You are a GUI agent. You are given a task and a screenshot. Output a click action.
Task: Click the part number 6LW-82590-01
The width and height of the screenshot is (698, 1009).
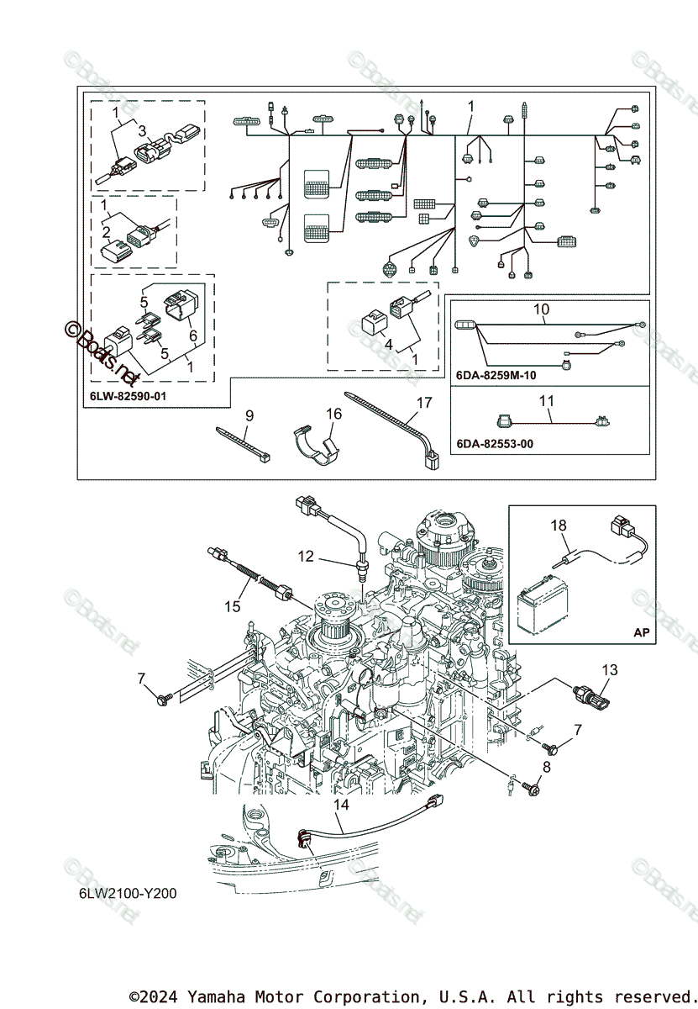127,394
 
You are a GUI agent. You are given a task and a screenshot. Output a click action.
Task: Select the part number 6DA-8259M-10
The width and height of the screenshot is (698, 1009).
496,376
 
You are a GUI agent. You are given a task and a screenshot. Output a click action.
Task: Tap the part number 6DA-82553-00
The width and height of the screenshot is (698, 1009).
496,443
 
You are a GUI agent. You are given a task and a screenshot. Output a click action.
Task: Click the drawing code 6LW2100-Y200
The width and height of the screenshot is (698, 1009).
123,893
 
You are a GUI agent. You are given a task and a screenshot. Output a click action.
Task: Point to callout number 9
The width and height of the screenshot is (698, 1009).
249,415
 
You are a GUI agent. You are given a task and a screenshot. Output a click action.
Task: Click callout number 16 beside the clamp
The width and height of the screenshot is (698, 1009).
334,413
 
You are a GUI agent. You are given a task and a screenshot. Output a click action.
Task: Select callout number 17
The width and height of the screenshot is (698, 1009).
424,403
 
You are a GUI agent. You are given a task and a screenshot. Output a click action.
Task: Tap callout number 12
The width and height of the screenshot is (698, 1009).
306,556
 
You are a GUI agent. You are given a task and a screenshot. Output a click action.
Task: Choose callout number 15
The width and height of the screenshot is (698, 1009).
233,605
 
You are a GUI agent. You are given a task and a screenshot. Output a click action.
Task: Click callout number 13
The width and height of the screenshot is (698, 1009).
610,669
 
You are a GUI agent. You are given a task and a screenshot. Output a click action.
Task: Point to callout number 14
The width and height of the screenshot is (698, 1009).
340,805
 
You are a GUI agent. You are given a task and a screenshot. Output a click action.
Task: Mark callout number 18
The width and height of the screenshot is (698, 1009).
559,526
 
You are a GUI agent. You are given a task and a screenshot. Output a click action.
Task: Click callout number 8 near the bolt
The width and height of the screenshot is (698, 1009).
547,767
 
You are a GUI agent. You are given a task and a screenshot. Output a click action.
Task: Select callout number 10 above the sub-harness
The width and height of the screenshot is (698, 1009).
541,309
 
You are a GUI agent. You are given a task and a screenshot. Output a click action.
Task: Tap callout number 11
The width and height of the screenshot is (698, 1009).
547,401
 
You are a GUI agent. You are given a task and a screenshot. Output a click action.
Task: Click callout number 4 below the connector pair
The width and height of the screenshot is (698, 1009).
387,343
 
